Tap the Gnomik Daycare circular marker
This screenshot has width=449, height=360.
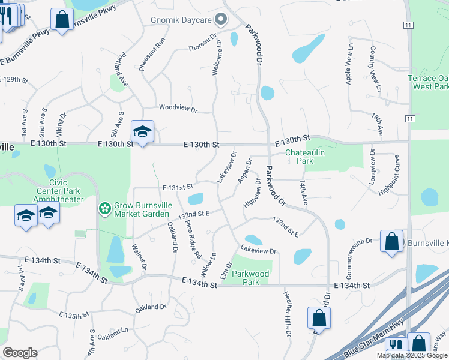[221, 20]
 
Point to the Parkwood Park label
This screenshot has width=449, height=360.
[250, 278]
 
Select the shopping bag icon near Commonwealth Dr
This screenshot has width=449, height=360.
[391, 242]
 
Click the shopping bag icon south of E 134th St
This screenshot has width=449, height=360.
[319, 319]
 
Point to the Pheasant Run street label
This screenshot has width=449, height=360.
[144, 55]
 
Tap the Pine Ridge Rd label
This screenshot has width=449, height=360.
[193, 240]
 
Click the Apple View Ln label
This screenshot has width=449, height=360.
[349, 64]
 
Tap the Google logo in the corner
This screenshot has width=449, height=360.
[20, 353]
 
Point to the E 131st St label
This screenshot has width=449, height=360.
[177, 187]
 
